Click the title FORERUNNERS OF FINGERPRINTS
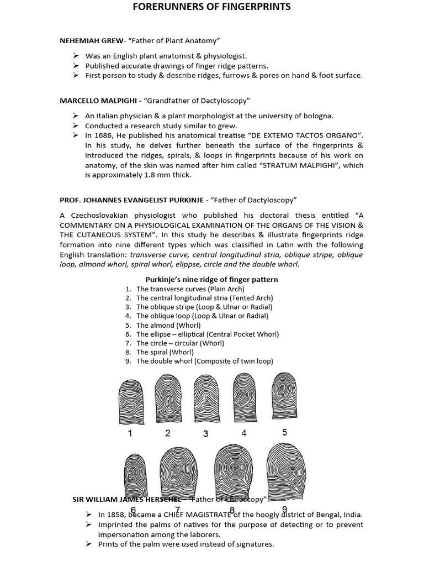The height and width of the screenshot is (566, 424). coord(211,7)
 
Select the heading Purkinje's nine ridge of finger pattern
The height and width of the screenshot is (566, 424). coord(211,280)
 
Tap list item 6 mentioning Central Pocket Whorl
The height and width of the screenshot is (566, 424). coord(208,334)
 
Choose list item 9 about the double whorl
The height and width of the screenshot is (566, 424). coord(205,361)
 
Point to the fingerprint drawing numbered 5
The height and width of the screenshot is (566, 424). coord(283,398)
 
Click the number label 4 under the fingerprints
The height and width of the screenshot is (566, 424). coord(243,433)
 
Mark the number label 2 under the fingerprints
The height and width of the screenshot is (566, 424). coord(168,433)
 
